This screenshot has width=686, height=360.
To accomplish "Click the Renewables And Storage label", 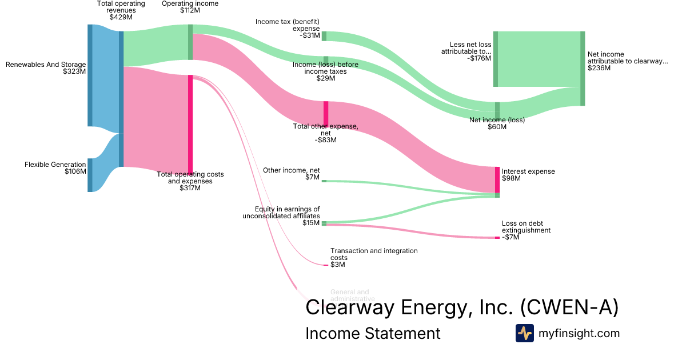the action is tap(46, 65).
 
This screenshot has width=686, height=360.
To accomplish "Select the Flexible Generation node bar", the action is tap(90, 175).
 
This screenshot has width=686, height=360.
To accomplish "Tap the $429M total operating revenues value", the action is tap(121, 17).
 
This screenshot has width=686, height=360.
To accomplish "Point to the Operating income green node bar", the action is tap(190, 42).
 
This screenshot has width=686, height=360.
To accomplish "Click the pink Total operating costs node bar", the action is tap(190, 123).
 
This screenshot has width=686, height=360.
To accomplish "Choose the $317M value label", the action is tap(190, 188).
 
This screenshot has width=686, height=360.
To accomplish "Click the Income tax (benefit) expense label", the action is tap(288, 25).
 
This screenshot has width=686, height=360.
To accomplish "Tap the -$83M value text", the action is tap(326, 140).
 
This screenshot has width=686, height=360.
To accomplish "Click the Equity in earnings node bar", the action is tap(324, 223).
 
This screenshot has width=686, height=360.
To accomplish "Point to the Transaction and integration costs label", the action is tap(374, 254).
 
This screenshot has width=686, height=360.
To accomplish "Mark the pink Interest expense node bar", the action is tap(497, 179).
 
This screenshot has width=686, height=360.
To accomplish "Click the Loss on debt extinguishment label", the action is tap(526, 227).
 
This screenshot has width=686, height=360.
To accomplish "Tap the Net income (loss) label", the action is tap(497, 120).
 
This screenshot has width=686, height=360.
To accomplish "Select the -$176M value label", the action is tap(479, 58).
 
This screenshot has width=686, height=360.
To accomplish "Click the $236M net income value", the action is tap(599, 68).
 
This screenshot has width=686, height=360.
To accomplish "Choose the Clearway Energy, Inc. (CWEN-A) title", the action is tap(462, 307).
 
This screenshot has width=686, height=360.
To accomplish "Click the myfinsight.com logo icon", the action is tap(524, 333).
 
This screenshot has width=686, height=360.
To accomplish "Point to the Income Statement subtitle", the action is tap(373, 333).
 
